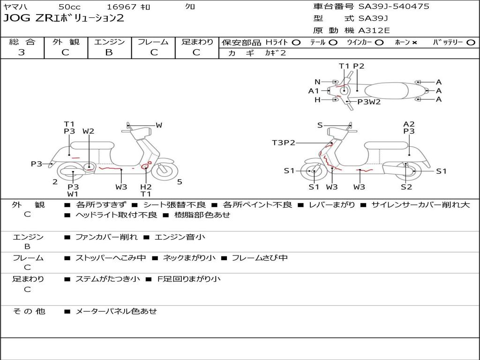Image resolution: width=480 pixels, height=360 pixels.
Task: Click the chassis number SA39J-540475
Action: [x=394, y=7]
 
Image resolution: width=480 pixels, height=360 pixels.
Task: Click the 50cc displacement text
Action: [x=69, y=7]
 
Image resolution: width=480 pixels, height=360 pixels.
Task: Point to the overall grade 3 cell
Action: [x=22, y=52]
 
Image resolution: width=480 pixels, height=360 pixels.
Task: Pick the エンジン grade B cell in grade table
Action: [x=109, y=52]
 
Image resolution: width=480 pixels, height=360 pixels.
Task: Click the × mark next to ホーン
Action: [x=414, y=42]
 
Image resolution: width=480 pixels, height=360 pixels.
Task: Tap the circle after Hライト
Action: [x=296, y=42]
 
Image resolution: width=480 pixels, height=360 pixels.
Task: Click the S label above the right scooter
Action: [x=320, y=125]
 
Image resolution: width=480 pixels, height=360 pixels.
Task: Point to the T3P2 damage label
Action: [x=284, y=142]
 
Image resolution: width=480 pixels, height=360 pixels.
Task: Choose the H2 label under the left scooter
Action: [x=146, y=187]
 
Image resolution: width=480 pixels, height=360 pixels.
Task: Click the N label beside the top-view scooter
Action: [x=317, y=82]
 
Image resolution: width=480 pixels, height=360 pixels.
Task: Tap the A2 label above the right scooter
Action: [x=409, y=124]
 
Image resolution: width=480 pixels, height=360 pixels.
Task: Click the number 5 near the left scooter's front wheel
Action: [x=180, y=182]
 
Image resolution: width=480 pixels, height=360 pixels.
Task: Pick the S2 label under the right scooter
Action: [x=406, y=187]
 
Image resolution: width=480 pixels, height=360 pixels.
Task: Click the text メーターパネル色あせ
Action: [x=116, y=311]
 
